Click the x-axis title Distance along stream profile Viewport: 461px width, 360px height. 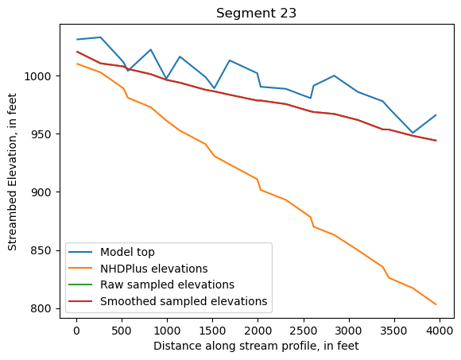[257, 346]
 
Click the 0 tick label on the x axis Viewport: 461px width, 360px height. [76, 330]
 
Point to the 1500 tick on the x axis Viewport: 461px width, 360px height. [212, 330]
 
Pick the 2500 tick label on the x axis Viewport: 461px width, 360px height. [303, 330]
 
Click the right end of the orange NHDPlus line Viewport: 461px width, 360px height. [436, 304]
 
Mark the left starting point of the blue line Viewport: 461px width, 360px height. [76, 40]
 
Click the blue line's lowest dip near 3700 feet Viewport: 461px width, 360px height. [413, 133]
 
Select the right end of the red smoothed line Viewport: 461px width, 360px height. [436, 141]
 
